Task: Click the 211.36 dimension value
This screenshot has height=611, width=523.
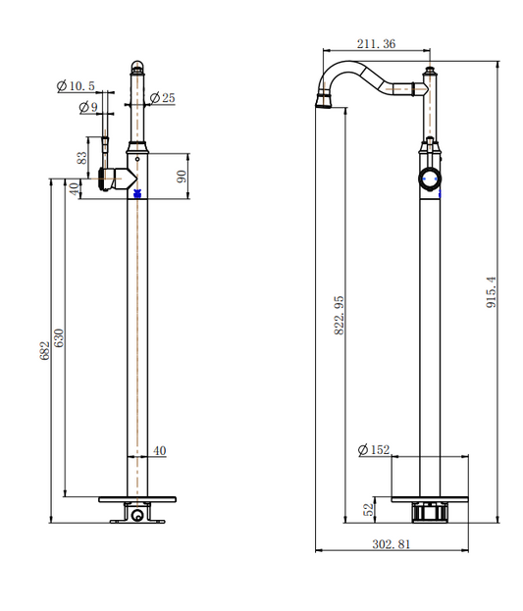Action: (376, 43)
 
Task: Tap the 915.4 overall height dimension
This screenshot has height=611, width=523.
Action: (491, 292)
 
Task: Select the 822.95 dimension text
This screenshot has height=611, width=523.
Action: (339, 315)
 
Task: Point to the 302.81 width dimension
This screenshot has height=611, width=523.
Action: (392, 544)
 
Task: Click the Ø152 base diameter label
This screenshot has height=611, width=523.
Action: (374, 450)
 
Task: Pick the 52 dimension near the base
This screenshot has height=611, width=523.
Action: (369, 510)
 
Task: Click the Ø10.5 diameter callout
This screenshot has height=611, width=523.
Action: (76, 85)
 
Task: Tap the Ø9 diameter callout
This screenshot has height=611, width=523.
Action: (88, 107)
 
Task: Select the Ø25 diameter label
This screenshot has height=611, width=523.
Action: (162, 97)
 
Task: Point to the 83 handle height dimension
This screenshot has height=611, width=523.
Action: (81, 158)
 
